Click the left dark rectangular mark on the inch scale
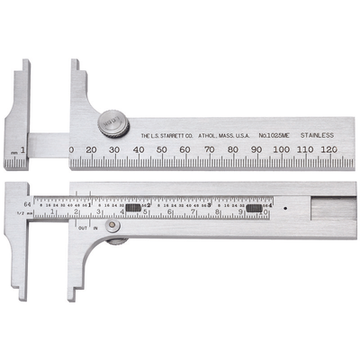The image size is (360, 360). click(x=135, y=208)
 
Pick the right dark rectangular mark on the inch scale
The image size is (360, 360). click(x=255, y=208)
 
